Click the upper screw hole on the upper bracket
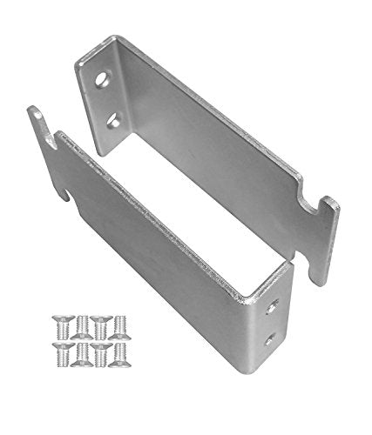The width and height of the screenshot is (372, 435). tap(104, 77)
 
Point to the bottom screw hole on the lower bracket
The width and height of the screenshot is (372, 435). tap(270, 340)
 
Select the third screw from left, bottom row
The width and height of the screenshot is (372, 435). tap(102, 352)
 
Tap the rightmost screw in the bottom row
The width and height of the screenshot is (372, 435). tap(121, 352)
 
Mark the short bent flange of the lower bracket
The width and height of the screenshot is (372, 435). tap(275, 322)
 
